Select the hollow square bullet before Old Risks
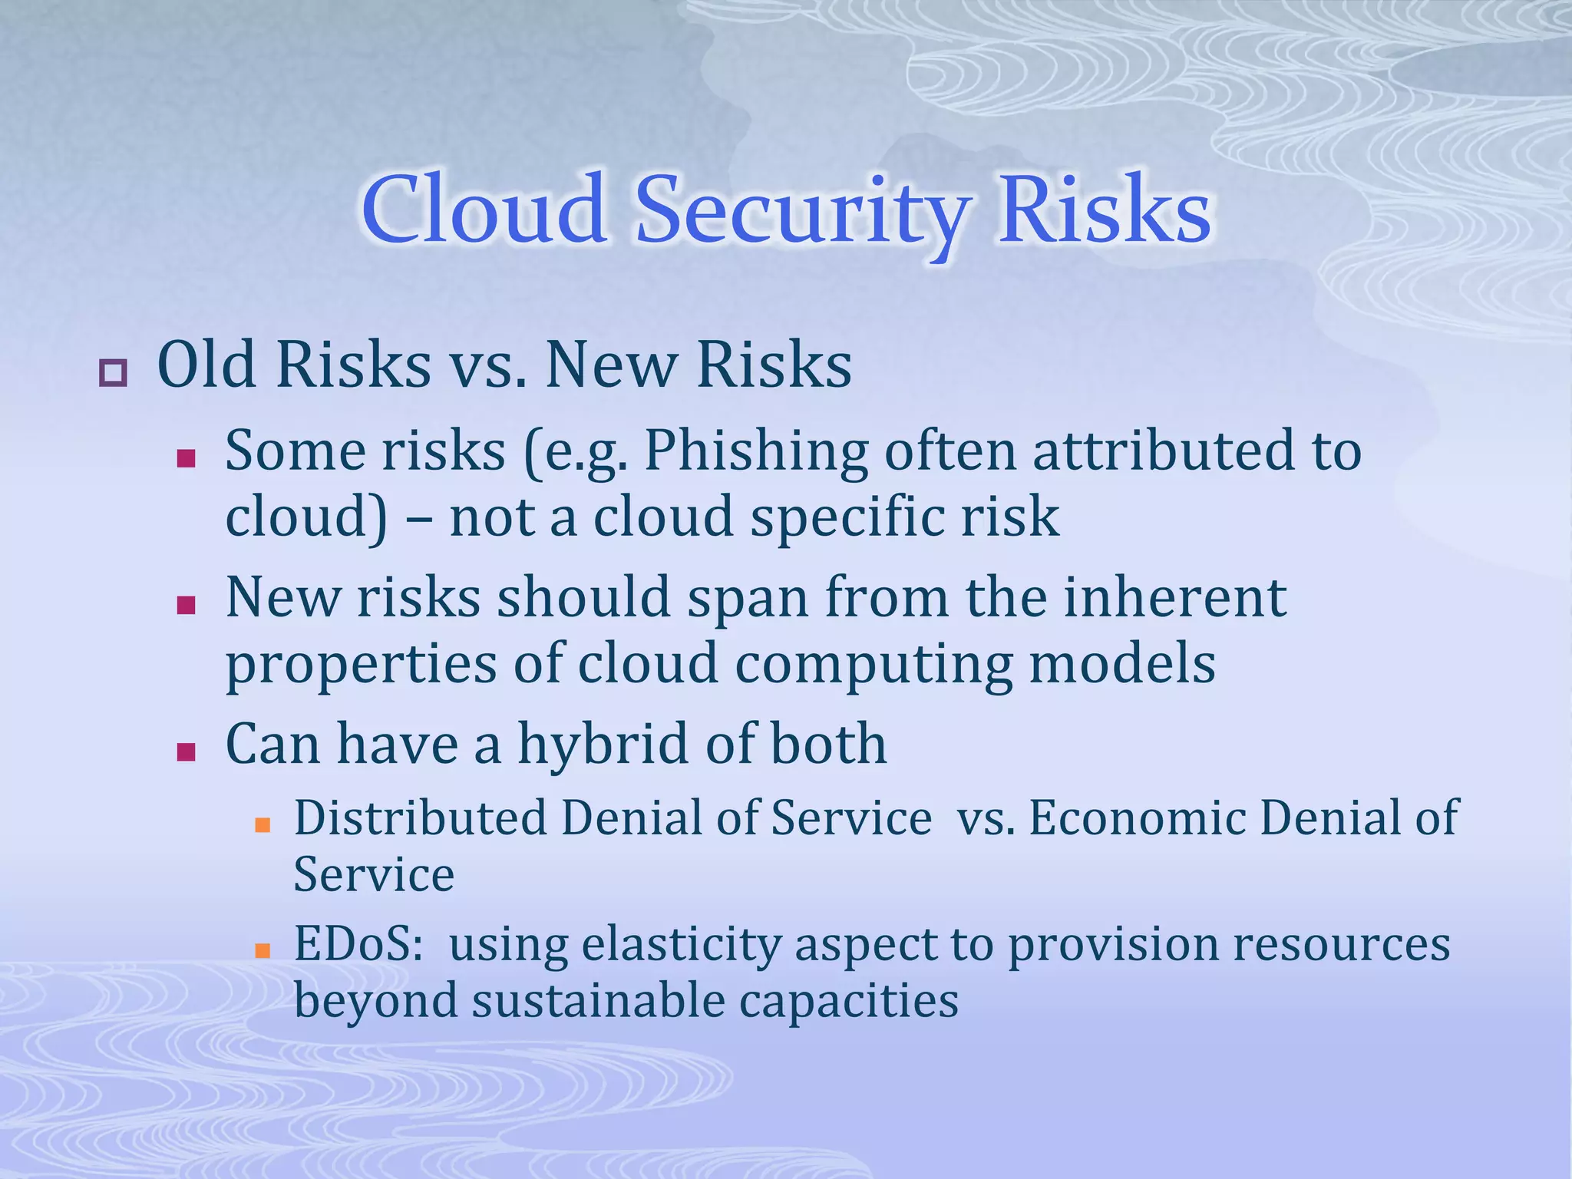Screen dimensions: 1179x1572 coord(113,373)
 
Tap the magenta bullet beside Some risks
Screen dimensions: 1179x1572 coord(186,459)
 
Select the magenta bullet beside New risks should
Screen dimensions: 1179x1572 coord(186,606)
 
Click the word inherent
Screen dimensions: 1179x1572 coord(1174,599)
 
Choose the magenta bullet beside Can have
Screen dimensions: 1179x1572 coord(186,751)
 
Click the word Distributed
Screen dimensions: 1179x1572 coord(420,818)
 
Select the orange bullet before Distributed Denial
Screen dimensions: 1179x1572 coord(263,825)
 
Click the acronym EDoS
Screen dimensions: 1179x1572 coord(358,944)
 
